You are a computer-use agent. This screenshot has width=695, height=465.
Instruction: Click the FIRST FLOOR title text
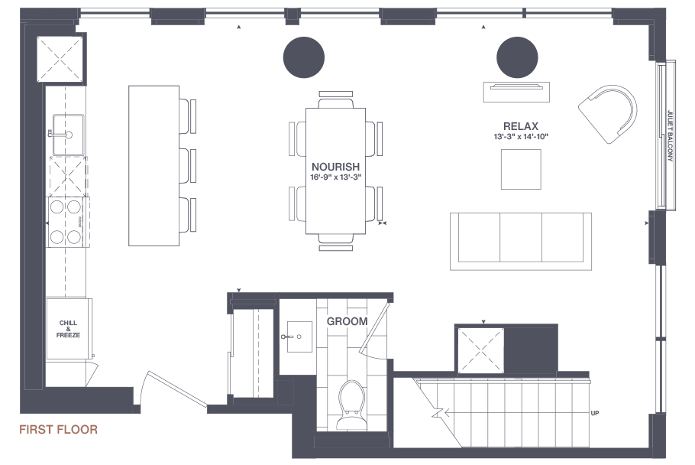coord(58,430)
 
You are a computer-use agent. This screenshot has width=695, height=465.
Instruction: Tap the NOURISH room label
coord(335,167)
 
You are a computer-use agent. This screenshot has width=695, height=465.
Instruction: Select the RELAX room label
coord(521,126)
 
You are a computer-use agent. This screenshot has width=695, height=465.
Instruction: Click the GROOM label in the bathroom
coord(347,321)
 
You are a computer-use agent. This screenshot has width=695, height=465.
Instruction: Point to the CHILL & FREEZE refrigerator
coord(68,328)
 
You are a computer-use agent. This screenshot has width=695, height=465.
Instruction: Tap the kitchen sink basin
coord(68,135)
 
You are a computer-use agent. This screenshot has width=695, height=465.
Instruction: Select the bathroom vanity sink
coord(299,337)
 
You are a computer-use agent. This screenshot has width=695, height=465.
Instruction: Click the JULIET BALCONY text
coord(671,136)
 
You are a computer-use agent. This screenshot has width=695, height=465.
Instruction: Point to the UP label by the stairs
coord(595,413)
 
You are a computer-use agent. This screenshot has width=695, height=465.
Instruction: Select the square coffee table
coord(521,170)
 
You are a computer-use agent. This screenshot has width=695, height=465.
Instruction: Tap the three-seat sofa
coord(521,241)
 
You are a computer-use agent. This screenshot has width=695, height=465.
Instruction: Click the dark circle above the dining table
coord(304,57)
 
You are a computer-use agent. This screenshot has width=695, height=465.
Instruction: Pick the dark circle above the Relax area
coord(517,57)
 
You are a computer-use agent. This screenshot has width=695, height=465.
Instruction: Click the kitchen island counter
coord(154,166)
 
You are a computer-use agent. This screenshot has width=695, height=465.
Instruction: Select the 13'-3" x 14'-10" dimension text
coord(521,137)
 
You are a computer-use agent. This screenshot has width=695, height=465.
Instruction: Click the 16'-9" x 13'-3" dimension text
coord(335,177)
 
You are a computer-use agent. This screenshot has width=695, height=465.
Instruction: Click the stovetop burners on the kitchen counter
coord(66,222)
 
